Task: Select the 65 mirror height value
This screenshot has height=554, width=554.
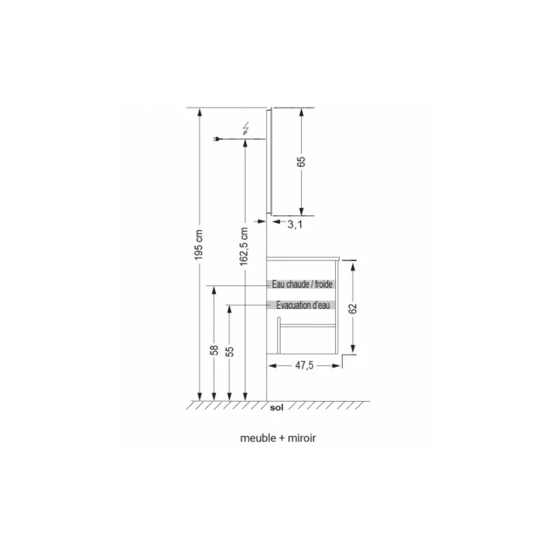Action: (x=301, y=161)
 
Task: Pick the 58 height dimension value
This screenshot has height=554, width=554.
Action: (x=214, y=351)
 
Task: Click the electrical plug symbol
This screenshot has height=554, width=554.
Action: (x=219, y=141)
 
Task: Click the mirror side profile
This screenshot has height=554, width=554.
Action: (x=271, y=161)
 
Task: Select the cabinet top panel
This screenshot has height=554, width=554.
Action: (x=303, y=258)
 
